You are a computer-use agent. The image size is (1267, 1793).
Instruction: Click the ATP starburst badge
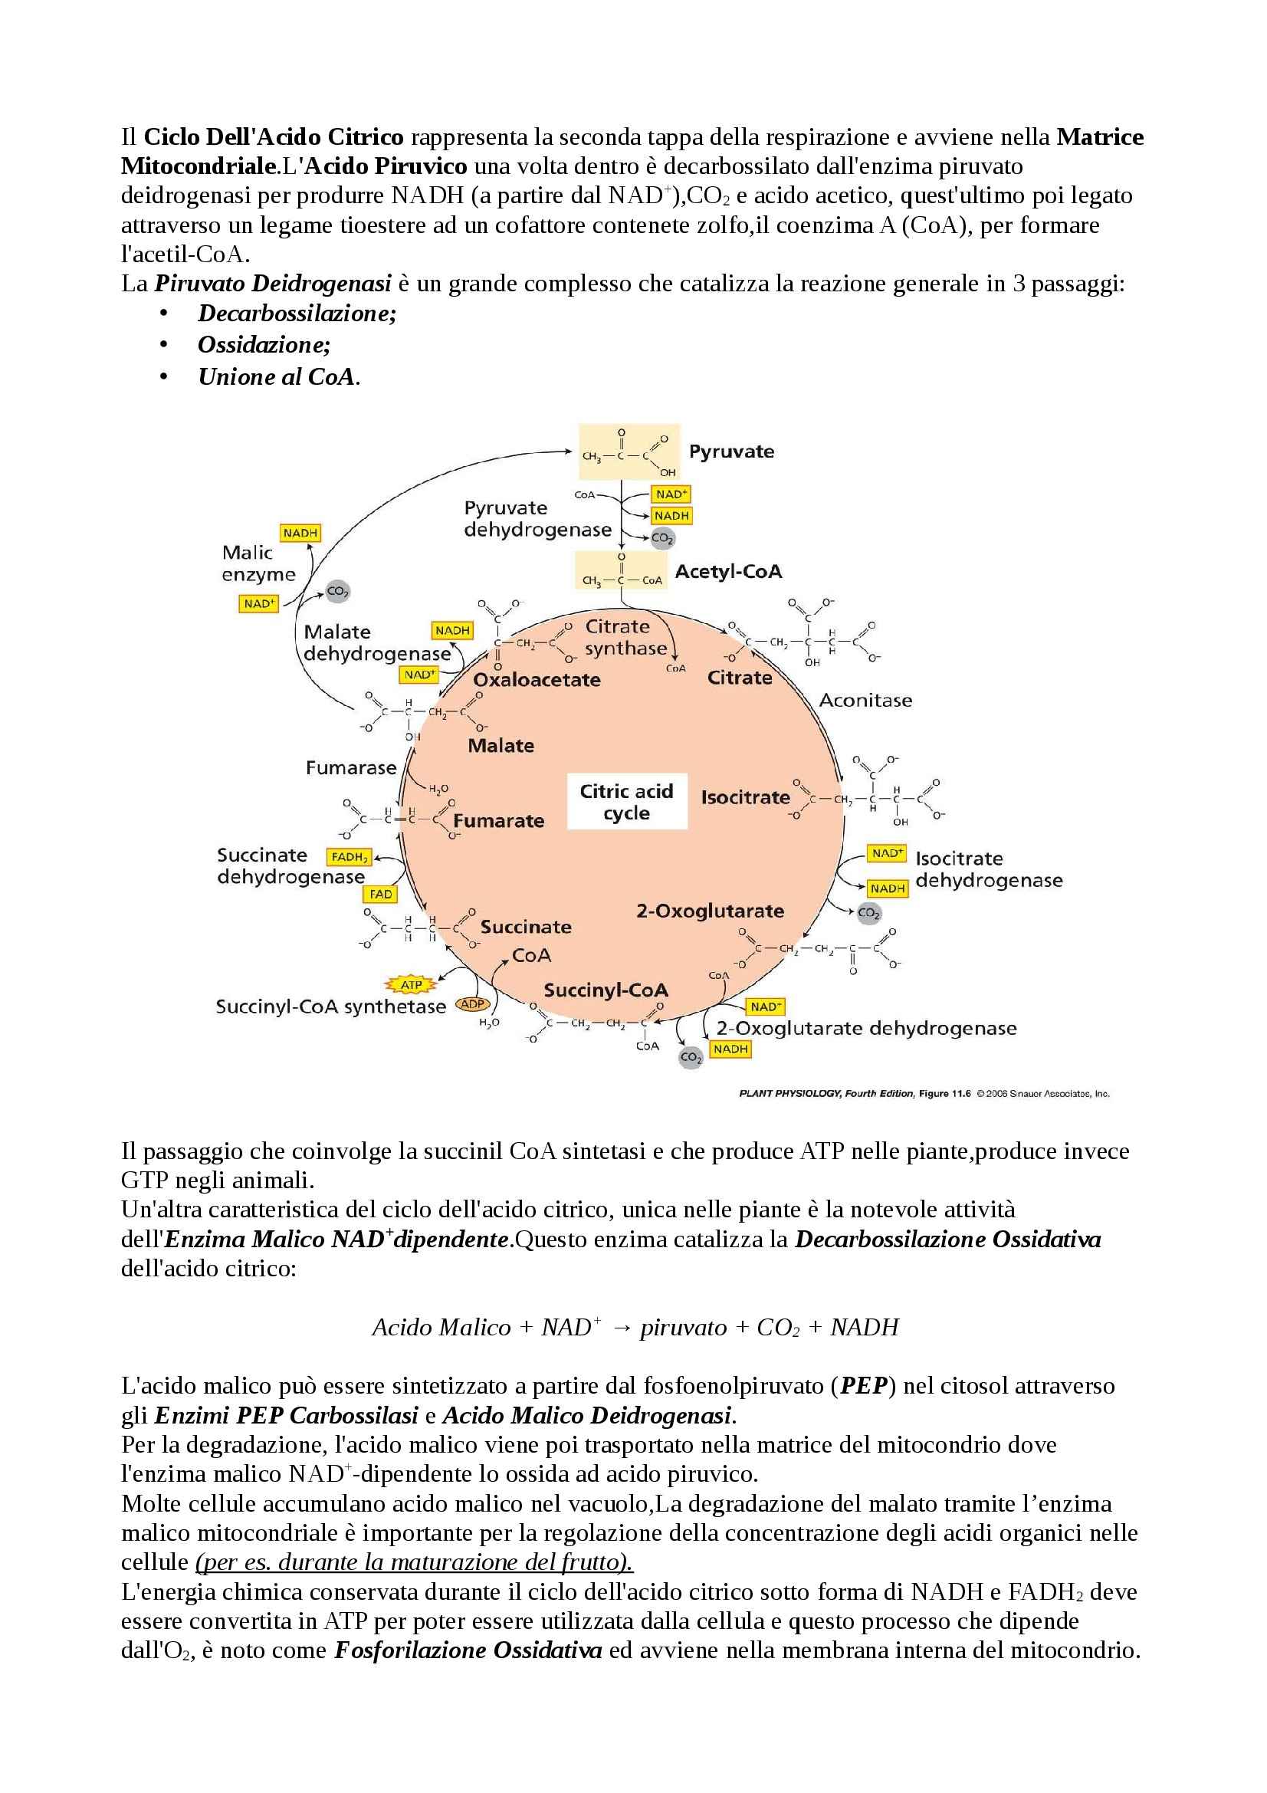[x=411, y=985]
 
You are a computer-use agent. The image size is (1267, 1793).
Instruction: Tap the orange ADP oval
[x=472, y=1004]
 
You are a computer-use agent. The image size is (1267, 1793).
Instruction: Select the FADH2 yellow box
[x=349, y=857]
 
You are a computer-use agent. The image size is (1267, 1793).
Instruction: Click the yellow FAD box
[x=381, y=894]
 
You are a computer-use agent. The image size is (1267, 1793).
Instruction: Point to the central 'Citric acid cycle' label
[x=626, y=802]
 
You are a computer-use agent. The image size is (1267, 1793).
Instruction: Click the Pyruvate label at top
[x=731, y=452]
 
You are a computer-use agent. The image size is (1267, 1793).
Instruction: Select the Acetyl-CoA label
[x=728, y=572]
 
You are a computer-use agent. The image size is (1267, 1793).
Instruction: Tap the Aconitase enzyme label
[x=865, y=701]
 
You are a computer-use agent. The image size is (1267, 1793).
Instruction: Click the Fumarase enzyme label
[x=350, y=767]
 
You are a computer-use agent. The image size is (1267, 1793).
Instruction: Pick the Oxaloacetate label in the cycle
[x=537, y=679]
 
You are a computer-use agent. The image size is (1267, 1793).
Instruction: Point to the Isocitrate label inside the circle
[x=746, y=797]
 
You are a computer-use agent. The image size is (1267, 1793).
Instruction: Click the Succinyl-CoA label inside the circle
[x=606, y=990]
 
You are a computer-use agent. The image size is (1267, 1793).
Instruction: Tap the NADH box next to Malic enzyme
[x=300, y=533]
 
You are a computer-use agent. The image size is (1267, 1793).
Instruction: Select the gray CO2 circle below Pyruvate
[x=662, y=537]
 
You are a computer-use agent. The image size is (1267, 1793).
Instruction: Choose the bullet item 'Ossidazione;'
[x=264, y=344]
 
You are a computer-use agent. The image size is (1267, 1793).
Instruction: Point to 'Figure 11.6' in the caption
[x=944, y=1094]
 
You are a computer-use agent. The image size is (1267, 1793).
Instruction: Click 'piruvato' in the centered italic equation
[x=683, y=1328]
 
